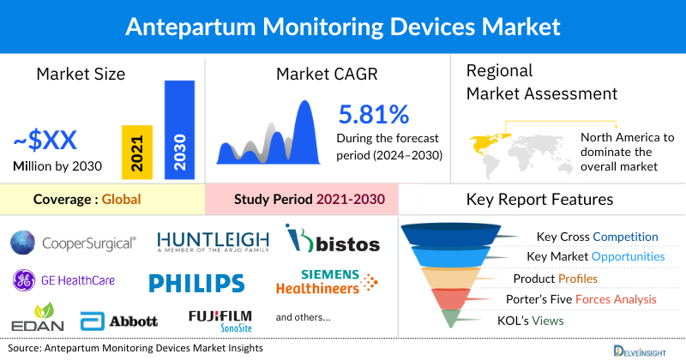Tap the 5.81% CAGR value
(374, 116)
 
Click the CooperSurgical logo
(74, 243)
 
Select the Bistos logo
(332, 241)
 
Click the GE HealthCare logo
(63, 279)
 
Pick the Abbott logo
(119, 321)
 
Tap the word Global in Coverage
(121, 201)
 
